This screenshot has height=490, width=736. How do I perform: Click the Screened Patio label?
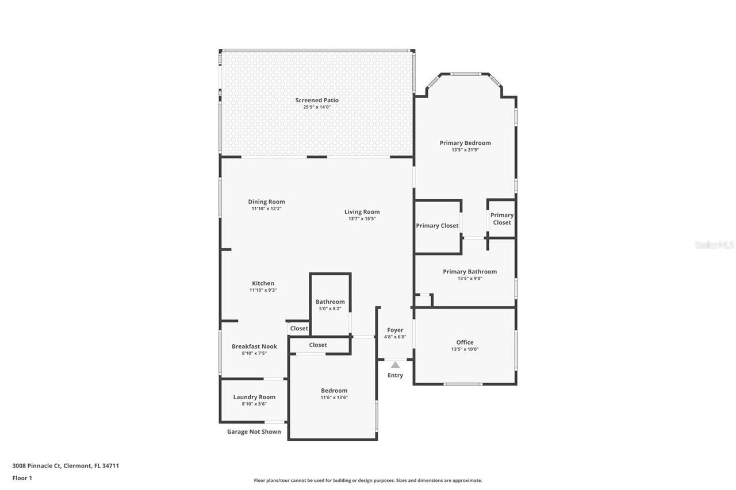[x=317, y=100]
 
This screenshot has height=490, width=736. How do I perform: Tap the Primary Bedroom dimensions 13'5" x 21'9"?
[x=465, y=150]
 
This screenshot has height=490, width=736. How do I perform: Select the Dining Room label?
[x=266, y=202]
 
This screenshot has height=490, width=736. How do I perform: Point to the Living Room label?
[x=362, y=212]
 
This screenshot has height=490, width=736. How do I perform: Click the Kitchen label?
[x=263, y=283]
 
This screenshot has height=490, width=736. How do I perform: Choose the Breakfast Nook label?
[x=254, y=346]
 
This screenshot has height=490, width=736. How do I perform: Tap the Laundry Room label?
[x=254, y=397]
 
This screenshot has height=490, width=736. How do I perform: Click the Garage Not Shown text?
[x=254, y=432]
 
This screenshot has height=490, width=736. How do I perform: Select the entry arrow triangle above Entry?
[x=396, y=365]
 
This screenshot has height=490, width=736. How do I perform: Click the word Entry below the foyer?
[x=396, y=376]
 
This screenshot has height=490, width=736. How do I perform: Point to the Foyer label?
[x=395, y=330]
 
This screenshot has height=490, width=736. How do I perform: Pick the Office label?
[x=465, y=342]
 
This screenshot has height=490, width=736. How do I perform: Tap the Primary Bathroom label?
[x=470, y=272]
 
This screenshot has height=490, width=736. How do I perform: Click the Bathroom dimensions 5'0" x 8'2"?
[x=330, y=308]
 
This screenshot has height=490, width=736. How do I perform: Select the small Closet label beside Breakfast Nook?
[x=299, y=329]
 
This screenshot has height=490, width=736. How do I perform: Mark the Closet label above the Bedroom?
[x=318, y=345]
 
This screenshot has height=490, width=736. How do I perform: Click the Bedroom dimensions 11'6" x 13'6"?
[x=334, y=398]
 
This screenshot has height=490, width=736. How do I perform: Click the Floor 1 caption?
[x=22, y=478]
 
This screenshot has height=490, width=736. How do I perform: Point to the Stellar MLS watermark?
[x=714, y=245]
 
